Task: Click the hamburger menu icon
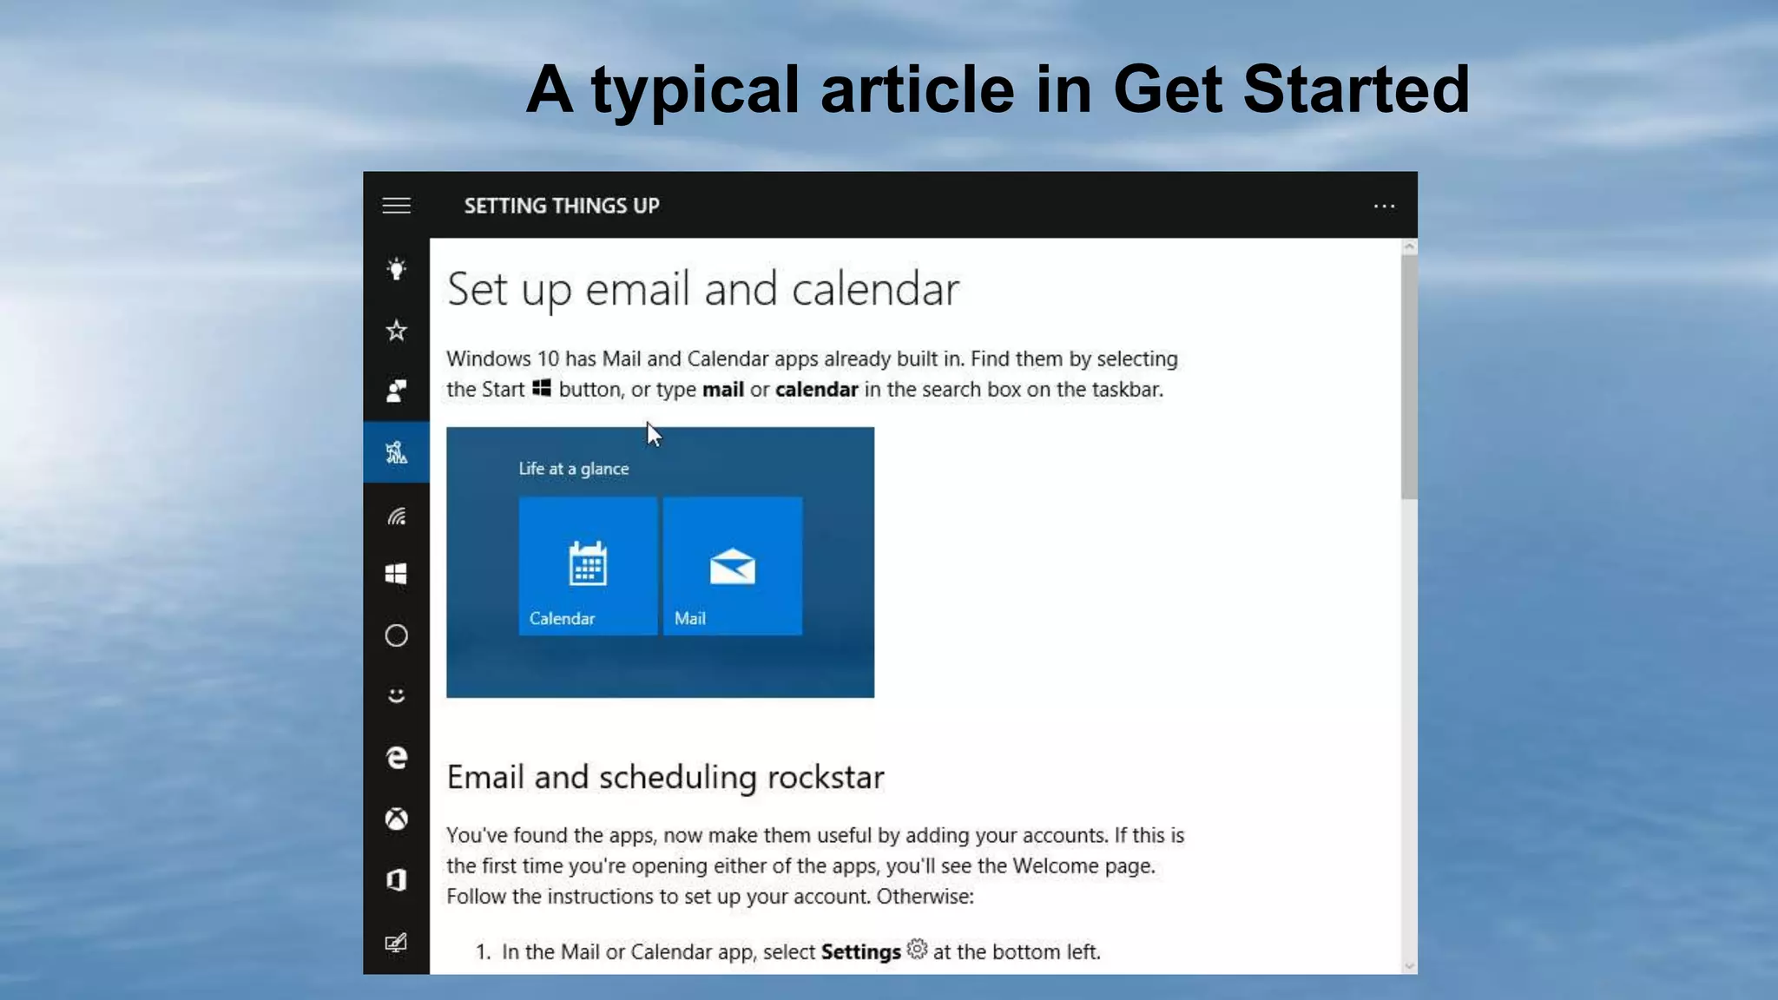397,206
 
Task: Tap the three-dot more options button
1384,207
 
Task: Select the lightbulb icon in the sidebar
397,269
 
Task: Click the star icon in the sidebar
397,331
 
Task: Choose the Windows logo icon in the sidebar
397,574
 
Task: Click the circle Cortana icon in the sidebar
397,635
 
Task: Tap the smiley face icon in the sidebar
397,696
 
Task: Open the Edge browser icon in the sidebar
397,758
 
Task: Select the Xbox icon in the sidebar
397,819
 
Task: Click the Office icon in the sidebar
397,880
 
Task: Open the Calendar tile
588,566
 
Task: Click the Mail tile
733,566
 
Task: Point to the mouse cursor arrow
653,433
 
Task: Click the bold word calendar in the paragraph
816,390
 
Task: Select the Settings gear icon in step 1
917,950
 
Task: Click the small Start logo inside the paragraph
542,388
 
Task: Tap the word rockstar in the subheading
826,777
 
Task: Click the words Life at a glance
574,469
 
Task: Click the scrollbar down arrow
1409,965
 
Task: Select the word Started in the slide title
1356,89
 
